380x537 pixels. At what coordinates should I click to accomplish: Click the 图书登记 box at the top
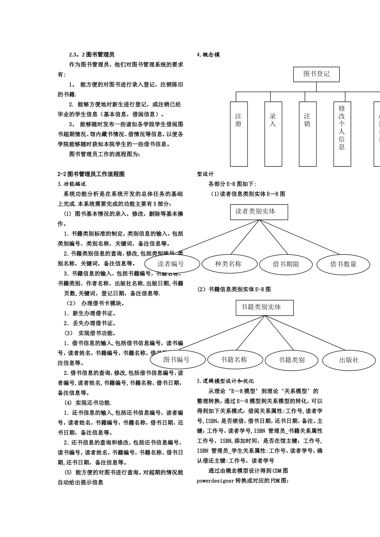(x=316, y=74)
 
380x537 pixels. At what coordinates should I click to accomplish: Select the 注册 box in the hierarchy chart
(x=238, y=133)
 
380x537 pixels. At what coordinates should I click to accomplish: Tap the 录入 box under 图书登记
(x=273, y=133)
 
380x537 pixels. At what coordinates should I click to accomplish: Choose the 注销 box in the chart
(x=307, y=133)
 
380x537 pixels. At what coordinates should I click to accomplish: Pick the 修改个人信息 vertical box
(x=342, y=133)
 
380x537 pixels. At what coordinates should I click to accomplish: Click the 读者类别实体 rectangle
(x=259, y=212)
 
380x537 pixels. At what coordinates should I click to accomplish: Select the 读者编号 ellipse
(x=172, y=264)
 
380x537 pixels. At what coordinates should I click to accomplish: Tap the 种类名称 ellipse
(x=228, y=264)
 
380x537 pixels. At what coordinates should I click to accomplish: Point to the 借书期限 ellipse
(x=286, y=264)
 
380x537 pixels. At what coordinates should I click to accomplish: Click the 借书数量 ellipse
(x=343, y=264)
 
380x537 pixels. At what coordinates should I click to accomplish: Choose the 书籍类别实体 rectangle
(x=264, y=307)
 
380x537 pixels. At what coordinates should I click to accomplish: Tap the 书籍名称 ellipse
(x=234, y=360)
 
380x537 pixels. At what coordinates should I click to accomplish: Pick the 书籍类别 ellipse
(x=292, y=360)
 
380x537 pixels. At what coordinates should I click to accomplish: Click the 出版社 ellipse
(x=349, y=360)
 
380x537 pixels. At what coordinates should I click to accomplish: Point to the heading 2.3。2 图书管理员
(x=92, y=55)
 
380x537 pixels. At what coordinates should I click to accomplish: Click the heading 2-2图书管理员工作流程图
(x=91, y=174)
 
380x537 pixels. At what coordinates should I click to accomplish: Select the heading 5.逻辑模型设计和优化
(x=226, y=381)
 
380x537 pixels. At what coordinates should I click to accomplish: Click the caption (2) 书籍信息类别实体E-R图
(x=234, y=289)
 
